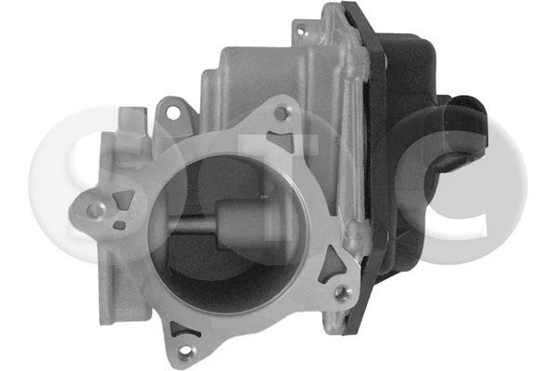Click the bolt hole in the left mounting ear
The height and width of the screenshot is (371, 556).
pyautogui.click(x=94, y=210)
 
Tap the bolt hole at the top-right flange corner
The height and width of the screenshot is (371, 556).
pyautogui.click(x=282, y=112)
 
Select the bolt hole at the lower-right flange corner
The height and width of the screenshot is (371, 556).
pyautogui.click(x=341, y=293)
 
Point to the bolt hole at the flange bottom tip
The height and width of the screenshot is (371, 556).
pyautogui.click(x=184, y=352)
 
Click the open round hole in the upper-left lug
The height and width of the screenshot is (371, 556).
pyautogui.click(x=171, y=112)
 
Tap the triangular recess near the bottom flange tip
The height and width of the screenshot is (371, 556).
pyautogui.click(x=182, y=328)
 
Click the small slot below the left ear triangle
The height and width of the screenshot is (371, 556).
pyautogui.click(x=119, y=224)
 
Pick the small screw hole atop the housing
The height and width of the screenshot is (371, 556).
pyautogui.click(x=299, y=31)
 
